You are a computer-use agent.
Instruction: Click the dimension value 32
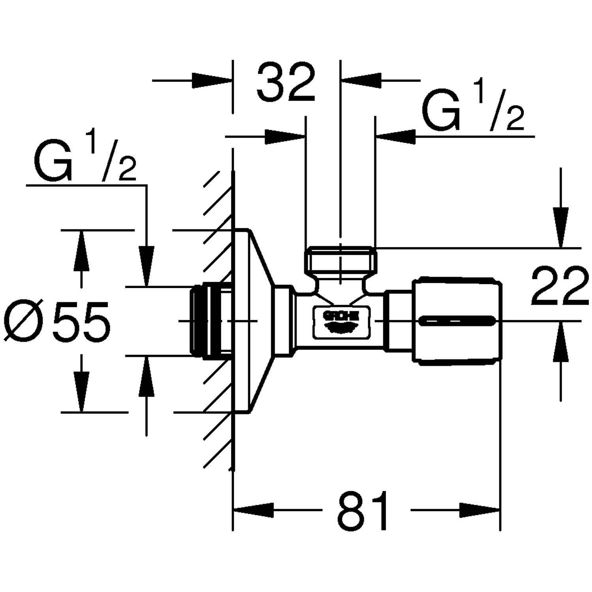[286, 82]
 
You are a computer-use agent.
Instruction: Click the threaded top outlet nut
[340, 259]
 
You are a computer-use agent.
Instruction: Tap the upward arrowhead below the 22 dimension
[561, 341]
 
